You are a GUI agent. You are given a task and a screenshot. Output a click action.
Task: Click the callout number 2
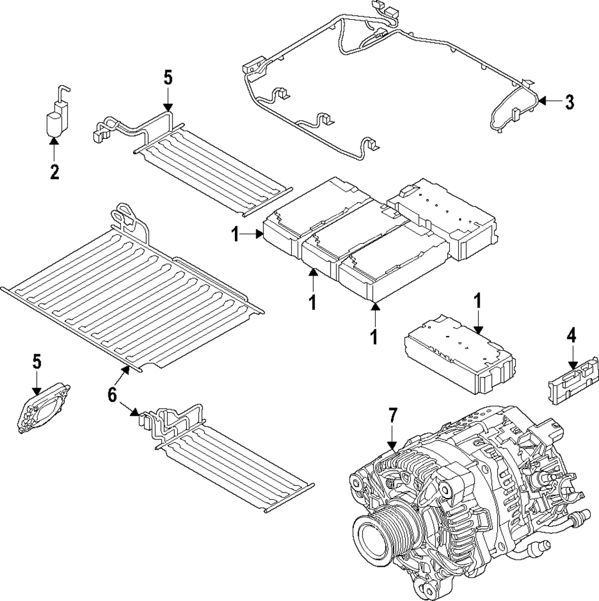55,173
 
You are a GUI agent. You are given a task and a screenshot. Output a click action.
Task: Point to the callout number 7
392,415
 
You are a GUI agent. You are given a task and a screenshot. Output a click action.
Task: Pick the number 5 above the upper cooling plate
168,78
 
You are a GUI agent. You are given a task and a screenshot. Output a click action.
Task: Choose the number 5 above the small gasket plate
37,361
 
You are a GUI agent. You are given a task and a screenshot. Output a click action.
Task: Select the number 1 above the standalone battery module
477,301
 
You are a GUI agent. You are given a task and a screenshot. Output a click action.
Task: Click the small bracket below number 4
572,382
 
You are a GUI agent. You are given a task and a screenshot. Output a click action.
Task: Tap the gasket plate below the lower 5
41,409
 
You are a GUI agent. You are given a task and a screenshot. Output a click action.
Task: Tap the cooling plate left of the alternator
234,461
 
